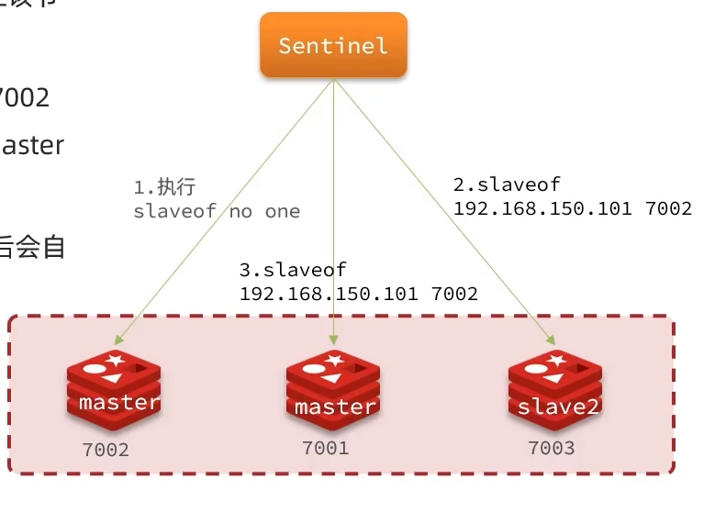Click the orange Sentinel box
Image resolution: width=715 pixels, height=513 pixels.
(332, 45)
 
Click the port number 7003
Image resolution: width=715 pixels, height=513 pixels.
(551, 448)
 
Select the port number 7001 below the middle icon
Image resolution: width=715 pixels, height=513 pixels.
(325, 448)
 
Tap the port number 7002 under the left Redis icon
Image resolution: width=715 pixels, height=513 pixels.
(106, 450)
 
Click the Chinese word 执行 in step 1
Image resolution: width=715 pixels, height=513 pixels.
(177, 187)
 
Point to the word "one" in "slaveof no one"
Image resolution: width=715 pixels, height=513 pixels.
(283, 211)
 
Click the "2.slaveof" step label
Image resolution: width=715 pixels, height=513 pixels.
(507, 184)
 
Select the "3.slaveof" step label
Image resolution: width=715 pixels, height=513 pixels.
(293, 271)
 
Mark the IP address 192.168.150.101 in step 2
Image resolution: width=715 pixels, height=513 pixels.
(542, 208)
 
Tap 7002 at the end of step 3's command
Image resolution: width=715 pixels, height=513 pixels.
(453, 295)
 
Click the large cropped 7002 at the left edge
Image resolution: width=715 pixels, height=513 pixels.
(24, 97)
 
